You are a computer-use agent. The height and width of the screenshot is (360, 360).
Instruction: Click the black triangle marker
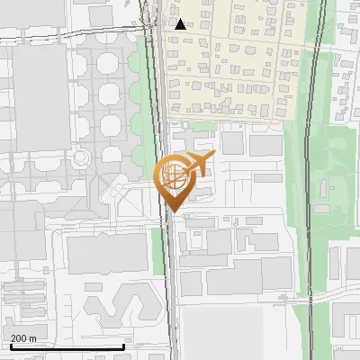(x=181, y=24)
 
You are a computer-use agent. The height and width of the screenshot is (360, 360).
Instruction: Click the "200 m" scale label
(x=24, y=338)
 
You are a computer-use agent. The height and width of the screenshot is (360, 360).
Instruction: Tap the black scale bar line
(x=67, y=346)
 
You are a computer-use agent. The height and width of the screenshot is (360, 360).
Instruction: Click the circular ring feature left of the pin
(x=82, y=157)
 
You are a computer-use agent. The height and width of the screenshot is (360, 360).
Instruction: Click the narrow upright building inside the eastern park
(x=334, y=262)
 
